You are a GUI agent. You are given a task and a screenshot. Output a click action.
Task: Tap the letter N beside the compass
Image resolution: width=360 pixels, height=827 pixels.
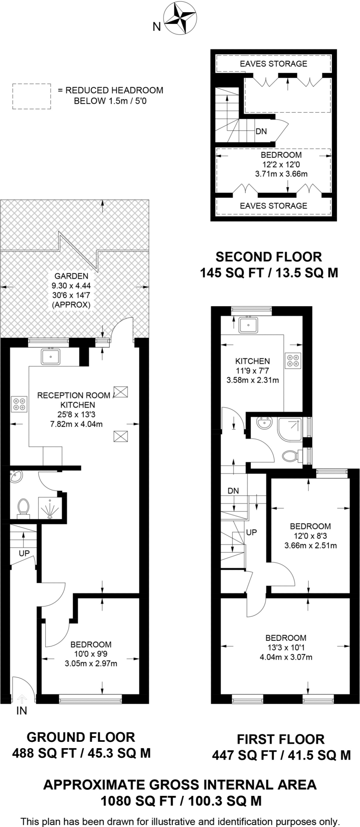tap(156, 27)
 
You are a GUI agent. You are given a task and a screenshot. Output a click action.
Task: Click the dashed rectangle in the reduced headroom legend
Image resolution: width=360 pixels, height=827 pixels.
tap(31, 96)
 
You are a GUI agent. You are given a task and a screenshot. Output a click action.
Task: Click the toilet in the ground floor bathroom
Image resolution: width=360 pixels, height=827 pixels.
tap(23, 508)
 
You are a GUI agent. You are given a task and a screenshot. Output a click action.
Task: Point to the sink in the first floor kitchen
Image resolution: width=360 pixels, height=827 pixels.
tap(248, 324)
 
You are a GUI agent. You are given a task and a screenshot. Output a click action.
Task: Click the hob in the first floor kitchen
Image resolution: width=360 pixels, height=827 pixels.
tap(293, 361)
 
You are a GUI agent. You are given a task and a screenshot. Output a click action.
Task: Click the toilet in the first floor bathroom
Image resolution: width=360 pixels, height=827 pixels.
tap(290, 456)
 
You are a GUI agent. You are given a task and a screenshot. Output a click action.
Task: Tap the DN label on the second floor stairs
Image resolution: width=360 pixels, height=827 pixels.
tap(261, 131)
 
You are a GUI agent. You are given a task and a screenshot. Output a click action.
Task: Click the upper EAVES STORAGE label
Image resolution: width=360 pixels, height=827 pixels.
tap(273, 64)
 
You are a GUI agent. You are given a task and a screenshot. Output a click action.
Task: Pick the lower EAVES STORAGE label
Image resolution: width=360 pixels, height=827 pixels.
tap(273, 206)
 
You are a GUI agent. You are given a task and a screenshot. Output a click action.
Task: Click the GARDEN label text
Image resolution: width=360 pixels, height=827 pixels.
tap(71, 276)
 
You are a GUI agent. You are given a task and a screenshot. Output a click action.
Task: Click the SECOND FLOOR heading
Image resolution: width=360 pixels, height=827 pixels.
tap(269, 256)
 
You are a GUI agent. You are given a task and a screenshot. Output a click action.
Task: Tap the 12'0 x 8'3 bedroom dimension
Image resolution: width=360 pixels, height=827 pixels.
tap(310, 536)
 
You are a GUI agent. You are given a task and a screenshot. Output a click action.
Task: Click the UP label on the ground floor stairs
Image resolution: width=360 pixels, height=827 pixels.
tap(24, 553)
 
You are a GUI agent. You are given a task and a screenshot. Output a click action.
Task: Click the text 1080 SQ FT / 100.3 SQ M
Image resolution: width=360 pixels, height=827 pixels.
tap(180, 800)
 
